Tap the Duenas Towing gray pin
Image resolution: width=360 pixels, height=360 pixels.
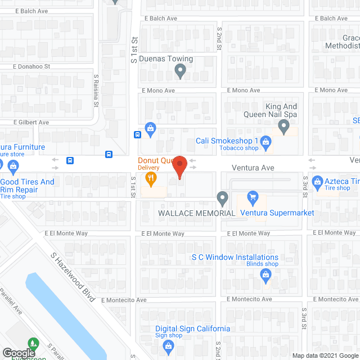click(x=180, y=71)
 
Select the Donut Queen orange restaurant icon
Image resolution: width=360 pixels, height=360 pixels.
click(x=150, y=179)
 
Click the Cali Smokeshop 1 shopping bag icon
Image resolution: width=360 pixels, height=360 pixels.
click(x=266, y=145)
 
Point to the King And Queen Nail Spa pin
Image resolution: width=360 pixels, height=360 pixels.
click(x=284, y=130)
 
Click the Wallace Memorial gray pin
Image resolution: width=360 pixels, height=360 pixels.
click(x=222, y=198)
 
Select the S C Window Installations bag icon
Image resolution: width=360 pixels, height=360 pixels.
click(x=266, y=274)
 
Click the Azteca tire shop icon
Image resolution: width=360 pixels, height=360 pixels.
click(x=316, y=183)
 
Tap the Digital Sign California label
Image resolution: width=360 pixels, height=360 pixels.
click(x=192, y=328)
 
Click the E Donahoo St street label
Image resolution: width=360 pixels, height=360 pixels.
click(x=32, y=66)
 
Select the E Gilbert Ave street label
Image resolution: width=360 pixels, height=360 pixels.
click(x=31, y=122)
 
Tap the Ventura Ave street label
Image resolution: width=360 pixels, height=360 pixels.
click(x=253, y=168)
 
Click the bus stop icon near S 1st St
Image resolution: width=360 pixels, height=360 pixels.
click(x=137, y=135)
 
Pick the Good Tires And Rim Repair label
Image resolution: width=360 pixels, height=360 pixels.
click(x=27, y=186)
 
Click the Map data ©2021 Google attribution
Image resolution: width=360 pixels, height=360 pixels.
click(x=324, y=355)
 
